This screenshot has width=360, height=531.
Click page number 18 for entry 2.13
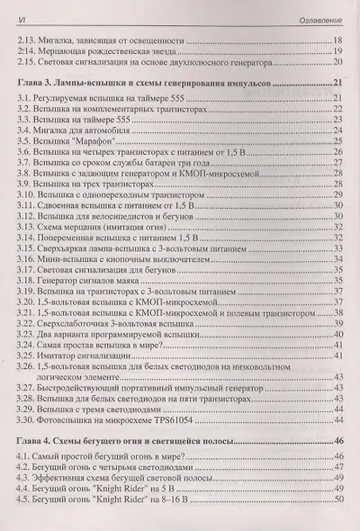click(337, 41)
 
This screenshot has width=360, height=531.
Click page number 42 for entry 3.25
click(337, 357)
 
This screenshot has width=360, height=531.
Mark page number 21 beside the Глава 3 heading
click(337, 83)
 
